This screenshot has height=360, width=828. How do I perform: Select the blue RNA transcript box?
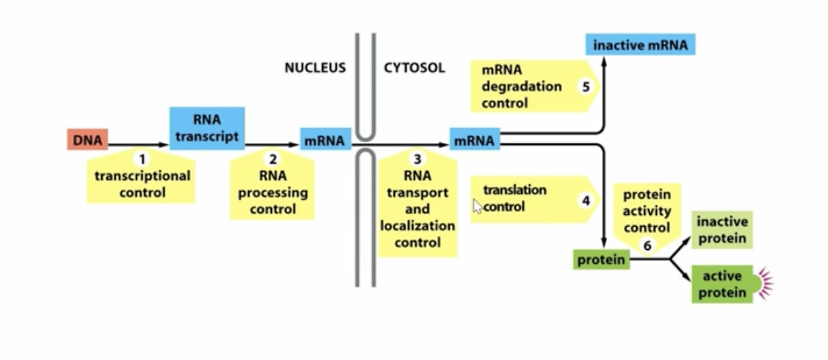click(x=207, y=128)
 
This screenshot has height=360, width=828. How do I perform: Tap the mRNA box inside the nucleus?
click(x=325, y=139)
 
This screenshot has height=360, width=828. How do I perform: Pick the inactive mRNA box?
click(x=640, y=45)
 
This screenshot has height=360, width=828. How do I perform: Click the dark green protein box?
click(x=602, y=259)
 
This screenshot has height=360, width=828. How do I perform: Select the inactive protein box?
click(x=722, y=230)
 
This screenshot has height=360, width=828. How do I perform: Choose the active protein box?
click(x=722, y=284)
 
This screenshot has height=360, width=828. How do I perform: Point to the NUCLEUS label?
click(x=315, y=69)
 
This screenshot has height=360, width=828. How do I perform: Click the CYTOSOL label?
click(x=414, y=69)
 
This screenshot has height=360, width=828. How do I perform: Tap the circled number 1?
click(x=142, y=158)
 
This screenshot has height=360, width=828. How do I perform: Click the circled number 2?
click(x=273, y=158)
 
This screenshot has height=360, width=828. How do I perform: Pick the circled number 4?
click(x=585, y=199)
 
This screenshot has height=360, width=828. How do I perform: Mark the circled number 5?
click(x=585, y=86)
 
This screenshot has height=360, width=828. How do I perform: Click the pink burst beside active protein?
click(x=764, y=283)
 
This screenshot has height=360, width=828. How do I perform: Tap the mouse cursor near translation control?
click(x=477, y=206)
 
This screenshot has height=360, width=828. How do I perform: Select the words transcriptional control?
click(x=142, y=184)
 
